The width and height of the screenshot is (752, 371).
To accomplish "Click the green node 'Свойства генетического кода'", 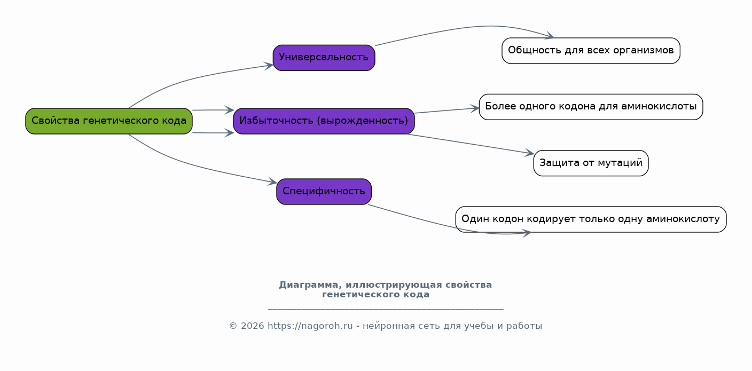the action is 109,121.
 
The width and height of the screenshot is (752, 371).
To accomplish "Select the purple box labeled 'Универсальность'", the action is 324,58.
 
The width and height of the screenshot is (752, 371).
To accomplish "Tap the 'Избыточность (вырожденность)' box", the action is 324,121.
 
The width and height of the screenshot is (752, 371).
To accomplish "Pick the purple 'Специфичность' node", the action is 324,192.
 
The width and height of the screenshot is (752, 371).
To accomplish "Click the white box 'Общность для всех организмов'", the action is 591,51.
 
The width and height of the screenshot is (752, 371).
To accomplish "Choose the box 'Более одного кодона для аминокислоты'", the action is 591,107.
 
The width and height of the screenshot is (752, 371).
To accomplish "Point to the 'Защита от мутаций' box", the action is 591,163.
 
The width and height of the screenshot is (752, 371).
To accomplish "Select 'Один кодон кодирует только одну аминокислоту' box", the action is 591,219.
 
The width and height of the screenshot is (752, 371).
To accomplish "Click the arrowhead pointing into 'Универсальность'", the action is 269,66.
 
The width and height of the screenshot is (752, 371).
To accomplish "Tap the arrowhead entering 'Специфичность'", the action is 272,182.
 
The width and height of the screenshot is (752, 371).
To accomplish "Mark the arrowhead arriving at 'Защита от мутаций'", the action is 529,153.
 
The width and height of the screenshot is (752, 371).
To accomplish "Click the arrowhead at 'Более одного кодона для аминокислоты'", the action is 474,108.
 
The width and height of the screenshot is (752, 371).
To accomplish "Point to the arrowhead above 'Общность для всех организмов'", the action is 549,36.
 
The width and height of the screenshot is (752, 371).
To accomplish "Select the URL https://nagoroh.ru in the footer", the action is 310,326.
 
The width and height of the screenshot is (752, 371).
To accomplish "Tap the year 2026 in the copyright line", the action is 252,326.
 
